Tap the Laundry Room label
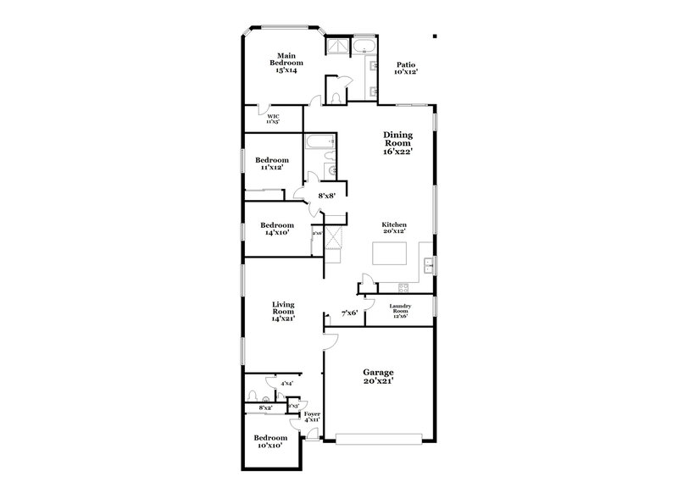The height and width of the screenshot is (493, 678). [x=400, y=311]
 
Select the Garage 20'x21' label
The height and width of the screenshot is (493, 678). [x=379, y=377]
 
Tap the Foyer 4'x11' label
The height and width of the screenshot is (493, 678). [x=312, y=417]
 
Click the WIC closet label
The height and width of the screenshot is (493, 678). [x=273, y=119]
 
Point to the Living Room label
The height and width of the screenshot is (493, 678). [x=283, y=311]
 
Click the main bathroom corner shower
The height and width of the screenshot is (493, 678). [x=340, y=47]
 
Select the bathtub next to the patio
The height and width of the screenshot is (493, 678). [x=367, y=46]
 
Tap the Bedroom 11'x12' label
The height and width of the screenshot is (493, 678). [x=272, y=163]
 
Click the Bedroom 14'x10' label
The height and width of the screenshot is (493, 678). [x=276, y=228]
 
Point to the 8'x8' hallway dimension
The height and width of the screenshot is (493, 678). [x=326, y=196]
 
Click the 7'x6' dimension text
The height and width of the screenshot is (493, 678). [x=349, y=313]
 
